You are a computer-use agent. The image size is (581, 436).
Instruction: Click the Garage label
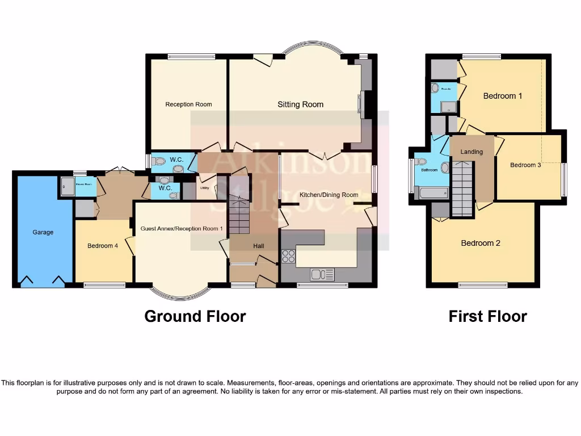point(43,232)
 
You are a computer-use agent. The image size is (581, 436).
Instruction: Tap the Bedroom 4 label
point(103,246)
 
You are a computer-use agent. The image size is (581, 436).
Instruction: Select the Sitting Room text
point(300,104)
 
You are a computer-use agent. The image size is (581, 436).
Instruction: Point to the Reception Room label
point(188,104)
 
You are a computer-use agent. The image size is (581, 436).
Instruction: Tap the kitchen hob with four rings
point(288,256)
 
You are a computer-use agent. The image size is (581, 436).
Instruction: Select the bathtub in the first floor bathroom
point(431,193)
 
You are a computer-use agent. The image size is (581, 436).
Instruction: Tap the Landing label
point(471,152)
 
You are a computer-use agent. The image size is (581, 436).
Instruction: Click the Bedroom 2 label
point(481,243)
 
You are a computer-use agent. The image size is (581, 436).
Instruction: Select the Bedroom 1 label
point(503,96)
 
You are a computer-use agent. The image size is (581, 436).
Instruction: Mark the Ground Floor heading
point(195,316)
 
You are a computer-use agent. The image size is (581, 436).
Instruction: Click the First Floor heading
point(487,316)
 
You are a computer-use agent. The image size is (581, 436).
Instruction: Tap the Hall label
point(258,246)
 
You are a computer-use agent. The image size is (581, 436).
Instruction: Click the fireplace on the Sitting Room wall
point(361,105)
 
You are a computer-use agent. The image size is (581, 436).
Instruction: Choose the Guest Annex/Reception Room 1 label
point(182,228)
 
